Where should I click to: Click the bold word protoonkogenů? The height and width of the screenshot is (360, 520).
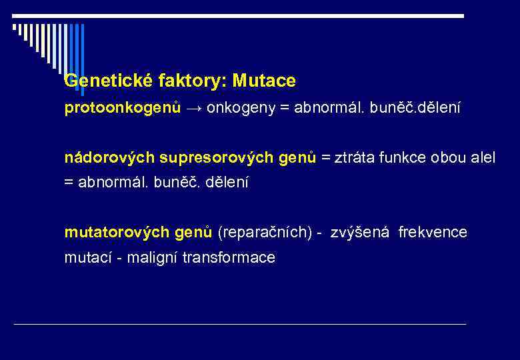point(122,108)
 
